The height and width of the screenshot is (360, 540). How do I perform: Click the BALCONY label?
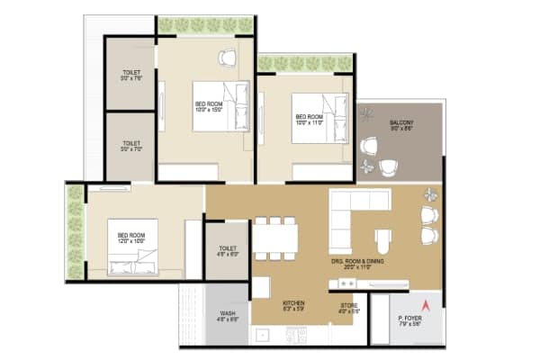tap(401, 121)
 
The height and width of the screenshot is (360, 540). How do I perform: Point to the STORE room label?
tap(349, 307)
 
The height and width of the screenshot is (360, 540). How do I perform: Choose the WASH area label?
tap(228, 313)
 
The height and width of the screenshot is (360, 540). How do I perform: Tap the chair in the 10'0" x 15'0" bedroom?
tap(226, 58)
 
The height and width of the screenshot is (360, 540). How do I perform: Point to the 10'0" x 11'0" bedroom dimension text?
tap(309, 123)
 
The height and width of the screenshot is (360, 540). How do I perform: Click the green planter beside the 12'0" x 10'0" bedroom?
tap(74, 229)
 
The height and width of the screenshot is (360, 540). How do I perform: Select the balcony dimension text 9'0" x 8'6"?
tap(401, 129)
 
